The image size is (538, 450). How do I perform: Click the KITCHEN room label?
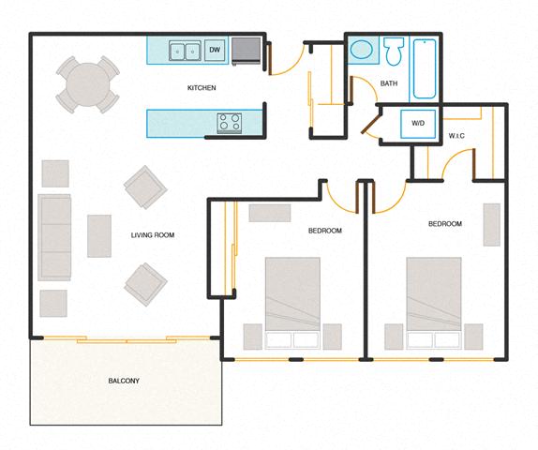(202, 88)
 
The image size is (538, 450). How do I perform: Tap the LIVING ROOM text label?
(153, 234)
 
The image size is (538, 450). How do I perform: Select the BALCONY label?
(123, 381)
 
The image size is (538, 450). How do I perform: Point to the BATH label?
(390, 84)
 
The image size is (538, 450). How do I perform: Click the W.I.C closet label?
(456, 136)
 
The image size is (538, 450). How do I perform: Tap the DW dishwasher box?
(215, 51)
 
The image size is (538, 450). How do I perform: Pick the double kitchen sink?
(185, 51)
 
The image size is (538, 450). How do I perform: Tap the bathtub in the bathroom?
(425, 68)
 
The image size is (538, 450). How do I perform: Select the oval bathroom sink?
(360, 50)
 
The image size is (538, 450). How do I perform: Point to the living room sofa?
(53, 237)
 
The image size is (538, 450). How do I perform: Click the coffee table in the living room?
(99, 235)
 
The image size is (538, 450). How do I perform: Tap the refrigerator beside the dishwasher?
(247, 51)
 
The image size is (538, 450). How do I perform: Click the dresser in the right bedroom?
(492, 224)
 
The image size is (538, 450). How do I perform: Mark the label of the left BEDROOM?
(324, 231)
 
